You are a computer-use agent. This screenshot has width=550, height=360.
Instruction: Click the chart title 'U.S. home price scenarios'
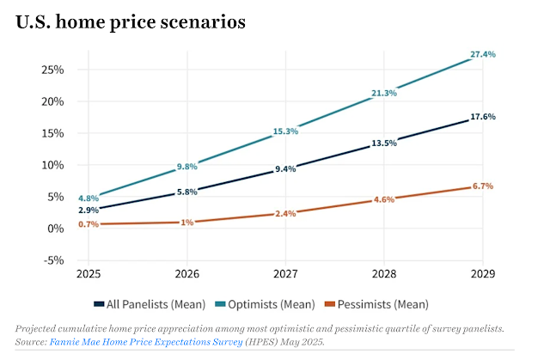click(x=131, y=23)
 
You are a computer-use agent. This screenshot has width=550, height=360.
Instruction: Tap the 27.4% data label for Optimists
click(x=482, y=54)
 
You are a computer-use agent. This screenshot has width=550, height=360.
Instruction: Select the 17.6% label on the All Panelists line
click(x=482, y=117)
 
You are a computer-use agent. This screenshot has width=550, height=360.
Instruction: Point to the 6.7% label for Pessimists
click(x=482, y=186)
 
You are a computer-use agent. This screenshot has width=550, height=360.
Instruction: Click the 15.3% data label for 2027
click(x=285, y=131)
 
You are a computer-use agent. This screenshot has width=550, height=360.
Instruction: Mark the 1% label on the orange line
click(x=187, y=223)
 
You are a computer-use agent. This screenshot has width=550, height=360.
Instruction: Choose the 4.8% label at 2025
click(x=89, y=198)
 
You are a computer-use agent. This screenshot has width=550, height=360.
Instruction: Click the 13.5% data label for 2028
click(x=383, y=143)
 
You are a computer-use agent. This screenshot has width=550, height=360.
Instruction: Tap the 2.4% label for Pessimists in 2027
click(x=285, y=213)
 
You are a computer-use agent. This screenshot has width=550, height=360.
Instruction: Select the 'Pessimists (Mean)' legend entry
click(x=378, y=303)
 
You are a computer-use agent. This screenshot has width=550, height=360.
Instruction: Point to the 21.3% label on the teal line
click(x=383, y=93)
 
